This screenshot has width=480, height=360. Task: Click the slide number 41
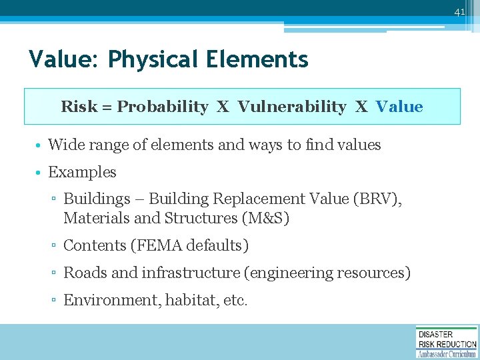[x=459, y=12]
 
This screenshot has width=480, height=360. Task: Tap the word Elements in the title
[x=257, y=60]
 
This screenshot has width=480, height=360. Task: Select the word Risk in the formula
[x=78, y=107]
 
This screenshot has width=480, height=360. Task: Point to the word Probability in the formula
[x=163, y=107]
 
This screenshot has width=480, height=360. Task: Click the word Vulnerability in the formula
[x=292, y=107]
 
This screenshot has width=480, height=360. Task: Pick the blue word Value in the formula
[x=399, y=107]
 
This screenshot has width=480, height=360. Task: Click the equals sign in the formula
[x=106, y=107]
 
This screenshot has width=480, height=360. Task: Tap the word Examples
[x=82, y=172]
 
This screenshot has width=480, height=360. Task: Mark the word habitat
[x=191, y=300]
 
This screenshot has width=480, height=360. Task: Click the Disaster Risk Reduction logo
[x=447, y=342]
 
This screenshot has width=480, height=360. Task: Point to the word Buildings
[x=97, y=199]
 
